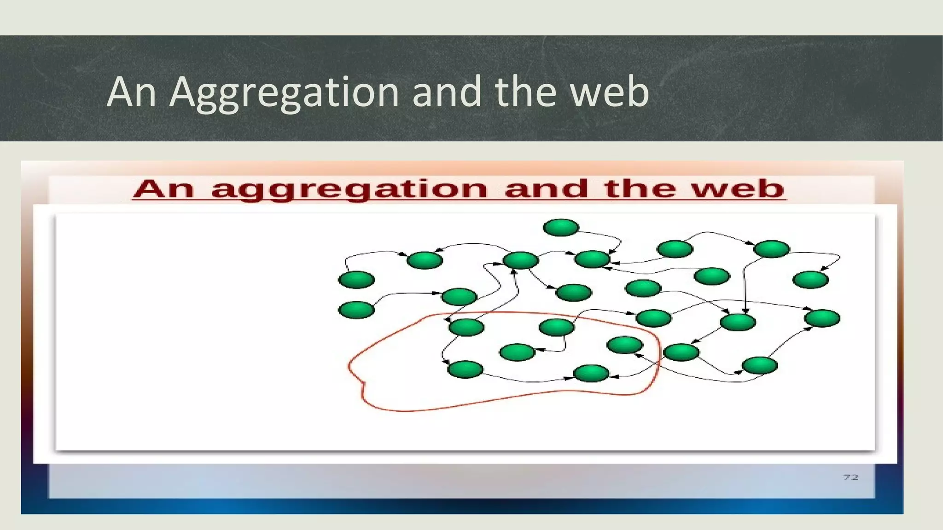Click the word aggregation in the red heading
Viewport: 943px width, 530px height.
pos(349,190)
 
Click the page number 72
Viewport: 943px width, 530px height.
pos(850,477)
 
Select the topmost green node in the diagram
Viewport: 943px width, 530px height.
pos(561,227)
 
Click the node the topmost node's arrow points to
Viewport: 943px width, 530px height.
pos(593,259)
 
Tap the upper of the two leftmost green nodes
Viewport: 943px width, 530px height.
pos(356,280)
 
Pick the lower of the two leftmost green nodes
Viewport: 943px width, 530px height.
pos(356,310)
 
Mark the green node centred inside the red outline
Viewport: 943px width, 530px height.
pos(517,352)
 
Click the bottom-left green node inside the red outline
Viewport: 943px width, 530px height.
pos(466,369)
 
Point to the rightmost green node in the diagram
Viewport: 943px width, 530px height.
pos(822,318)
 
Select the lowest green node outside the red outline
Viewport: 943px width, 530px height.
pos(760,366)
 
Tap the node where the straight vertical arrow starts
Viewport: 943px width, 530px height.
pos(772,249)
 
